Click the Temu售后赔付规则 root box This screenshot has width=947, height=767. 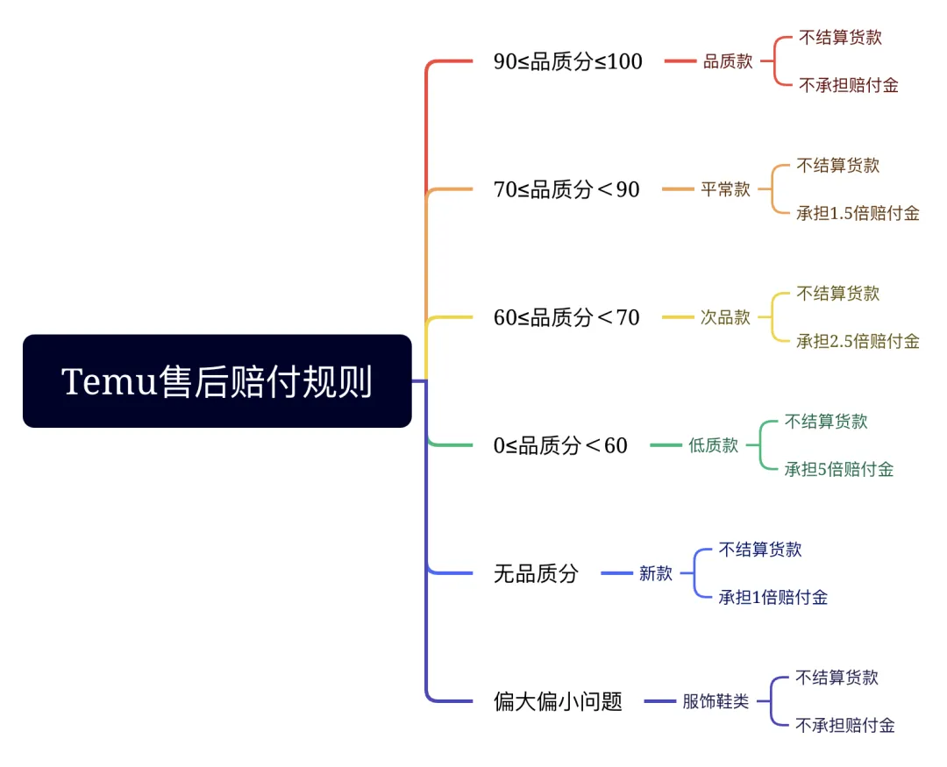(217, 381)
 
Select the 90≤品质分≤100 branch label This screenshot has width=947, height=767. (567, 62)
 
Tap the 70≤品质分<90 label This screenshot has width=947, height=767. (566, 189)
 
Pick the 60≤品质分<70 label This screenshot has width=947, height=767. (566, 317)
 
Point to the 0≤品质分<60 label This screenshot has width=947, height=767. (560, 445)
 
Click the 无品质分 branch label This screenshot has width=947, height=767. (536, 574)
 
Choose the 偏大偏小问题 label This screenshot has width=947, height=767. (558, 702)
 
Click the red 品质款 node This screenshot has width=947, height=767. (728, 62)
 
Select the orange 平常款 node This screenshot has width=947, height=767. (725, 189)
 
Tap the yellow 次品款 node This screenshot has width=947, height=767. (725, 317)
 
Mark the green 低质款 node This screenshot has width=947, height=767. (713, 445)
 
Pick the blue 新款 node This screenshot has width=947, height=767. (655, 574)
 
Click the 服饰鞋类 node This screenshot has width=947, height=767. (716, 702)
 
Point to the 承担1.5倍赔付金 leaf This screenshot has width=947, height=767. (858, 213)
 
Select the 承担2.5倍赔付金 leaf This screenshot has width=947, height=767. (858, 341)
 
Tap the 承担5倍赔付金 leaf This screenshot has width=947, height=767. (838, 469)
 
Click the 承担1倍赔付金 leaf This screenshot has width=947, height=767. (773, 598)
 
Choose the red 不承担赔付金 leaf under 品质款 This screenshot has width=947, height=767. (848, 86)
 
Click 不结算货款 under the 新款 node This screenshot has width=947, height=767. (759, 550)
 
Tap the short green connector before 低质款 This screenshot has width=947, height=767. (666, 445)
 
